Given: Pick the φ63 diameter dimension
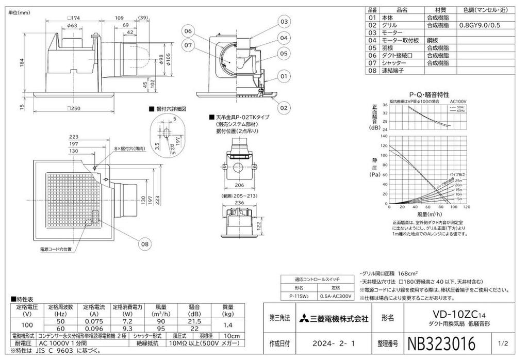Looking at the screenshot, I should (x=72, y=25).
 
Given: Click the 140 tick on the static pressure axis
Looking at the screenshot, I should (x=383, y=137).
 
